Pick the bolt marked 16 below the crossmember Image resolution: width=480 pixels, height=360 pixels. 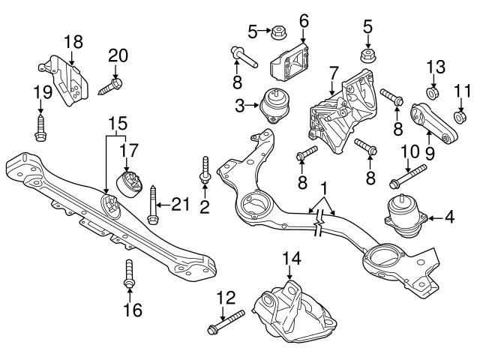(x=129, y=277)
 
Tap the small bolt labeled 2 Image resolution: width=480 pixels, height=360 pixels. (x=204, y=172)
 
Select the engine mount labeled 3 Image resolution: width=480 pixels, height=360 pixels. (x=274, y=106)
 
